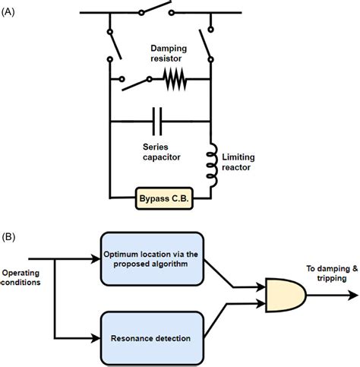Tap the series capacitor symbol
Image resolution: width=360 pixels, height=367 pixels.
coord(158,120)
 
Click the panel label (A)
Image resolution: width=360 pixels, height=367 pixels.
coord(12,9)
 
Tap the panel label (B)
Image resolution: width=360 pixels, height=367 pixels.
coord(12,236)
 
